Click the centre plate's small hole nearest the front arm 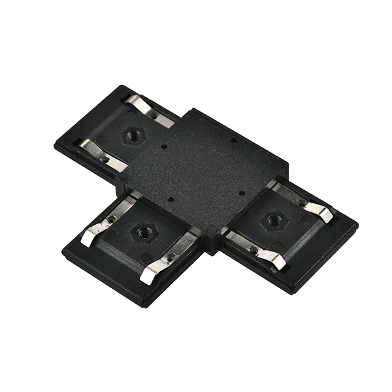tap(169, 200)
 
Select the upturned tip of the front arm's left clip tap(86, 243)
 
